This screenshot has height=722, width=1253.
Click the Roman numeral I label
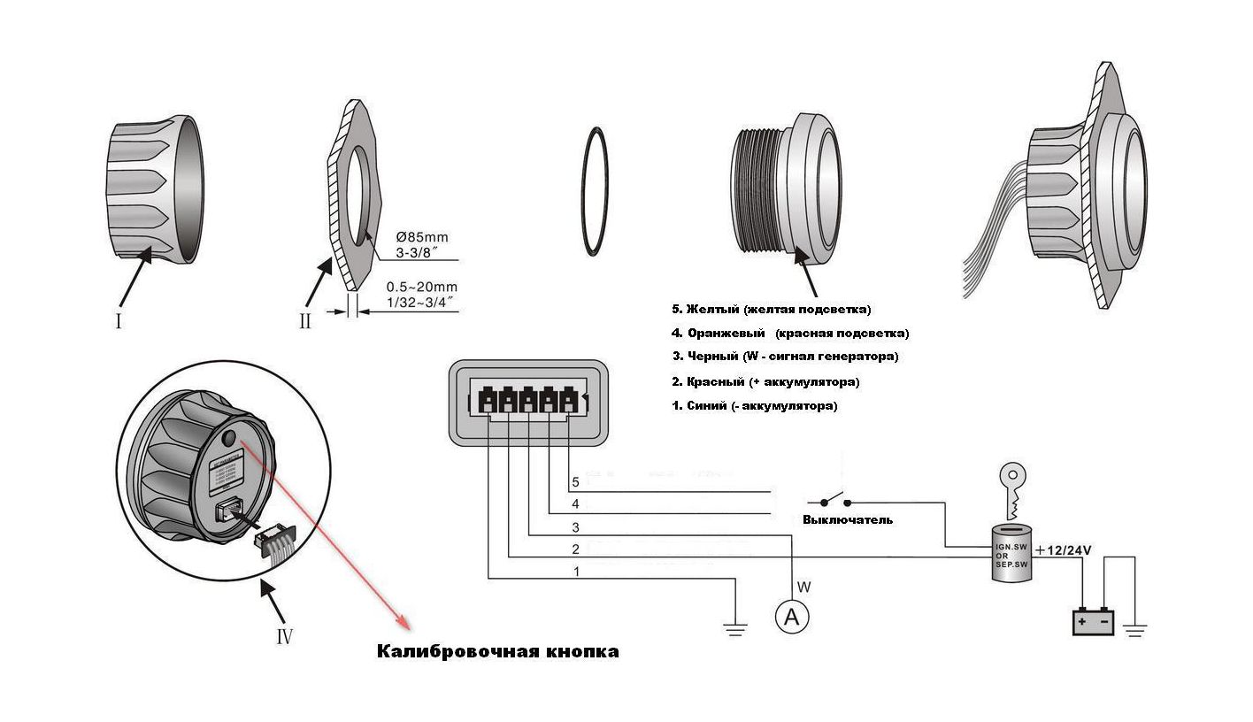click(x=118, y=320)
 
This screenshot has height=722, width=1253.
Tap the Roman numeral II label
click(x=305, y=320)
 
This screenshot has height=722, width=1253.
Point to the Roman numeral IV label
click(x=283, y=635)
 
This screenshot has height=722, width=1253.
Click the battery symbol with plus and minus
click(x=1094, y=622)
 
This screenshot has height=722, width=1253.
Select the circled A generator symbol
click(x=792, y=618)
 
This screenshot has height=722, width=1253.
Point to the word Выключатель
click(x=847, y=519)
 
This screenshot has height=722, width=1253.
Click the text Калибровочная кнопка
click(x=498, y=652)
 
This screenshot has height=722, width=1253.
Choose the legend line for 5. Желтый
click(x=772, y=309)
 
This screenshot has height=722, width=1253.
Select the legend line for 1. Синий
click(x=754, y=406)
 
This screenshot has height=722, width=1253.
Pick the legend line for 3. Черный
click(x=785, y=357)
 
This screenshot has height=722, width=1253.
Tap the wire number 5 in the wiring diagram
click(x=575, y=482)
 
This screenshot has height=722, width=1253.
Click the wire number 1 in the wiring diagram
click(x=577, y=572)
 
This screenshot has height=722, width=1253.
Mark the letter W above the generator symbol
click(x=803, y=586)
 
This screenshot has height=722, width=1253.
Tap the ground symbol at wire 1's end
click(x=734, y=628)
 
